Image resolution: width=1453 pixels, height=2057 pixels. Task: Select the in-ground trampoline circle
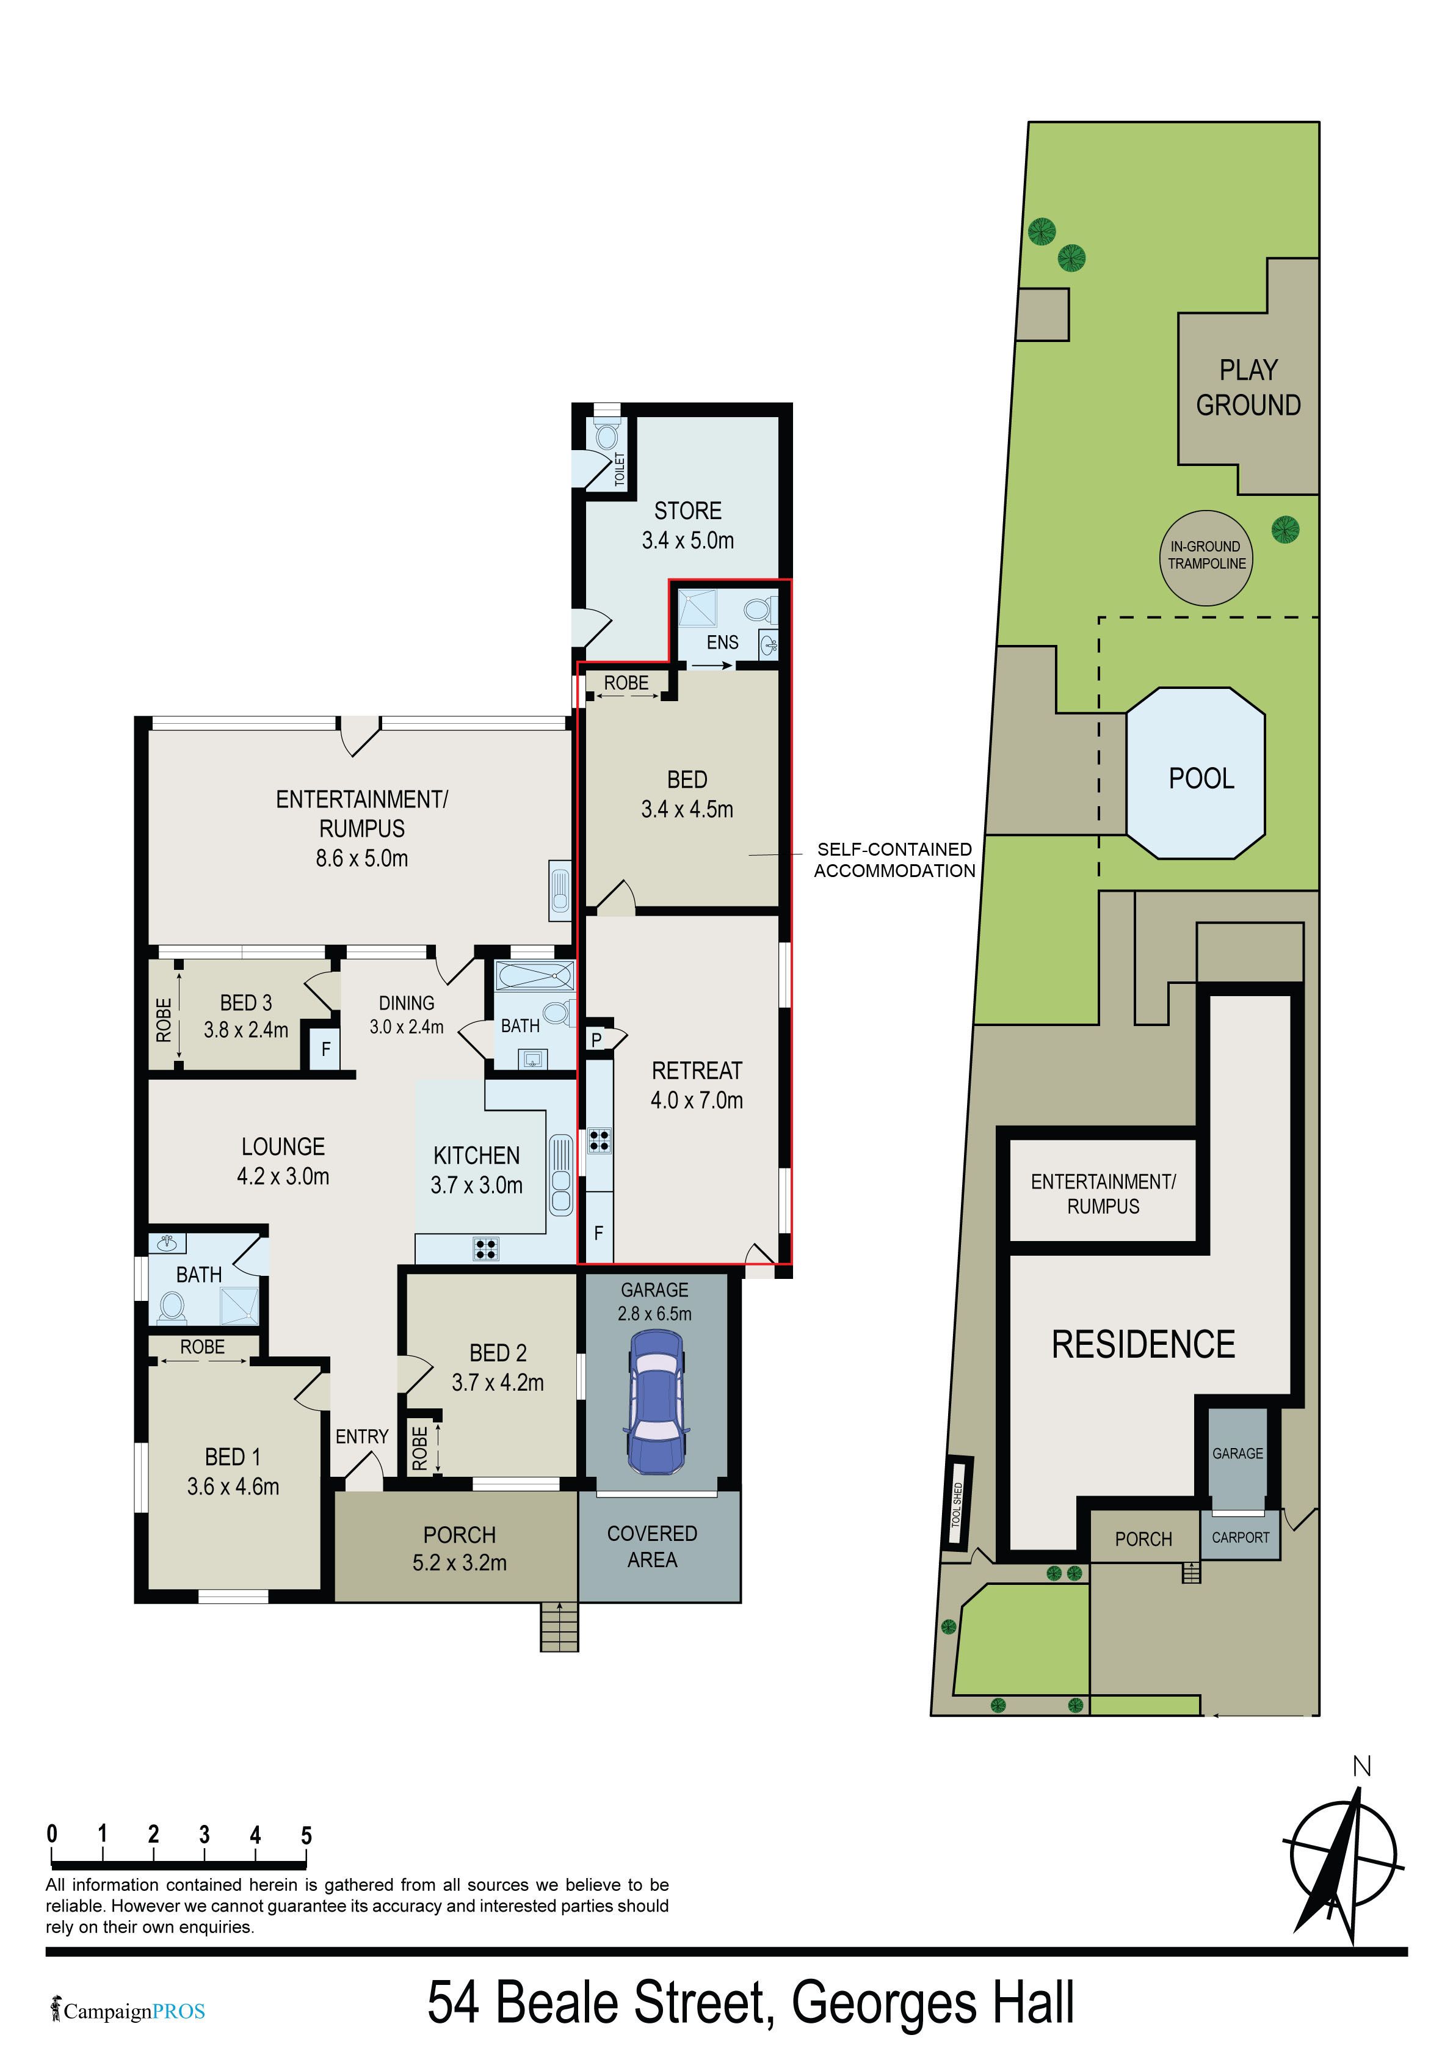1206,557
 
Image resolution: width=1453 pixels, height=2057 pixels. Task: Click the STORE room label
687,511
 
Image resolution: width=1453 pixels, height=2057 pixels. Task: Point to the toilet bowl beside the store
606,436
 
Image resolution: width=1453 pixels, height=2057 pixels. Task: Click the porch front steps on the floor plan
559,1626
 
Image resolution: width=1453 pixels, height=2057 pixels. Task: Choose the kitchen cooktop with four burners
485,1248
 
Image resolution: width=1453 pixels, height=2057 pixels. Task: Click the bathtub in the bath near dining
535,975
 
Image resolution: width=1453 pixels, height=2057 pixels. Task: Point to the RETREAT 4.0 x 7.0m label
697,1085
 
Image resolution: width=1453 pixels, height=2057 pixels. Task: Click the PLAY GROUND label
1248,387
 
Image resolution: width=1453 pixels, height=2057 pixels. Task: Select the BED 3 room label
245,1016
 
